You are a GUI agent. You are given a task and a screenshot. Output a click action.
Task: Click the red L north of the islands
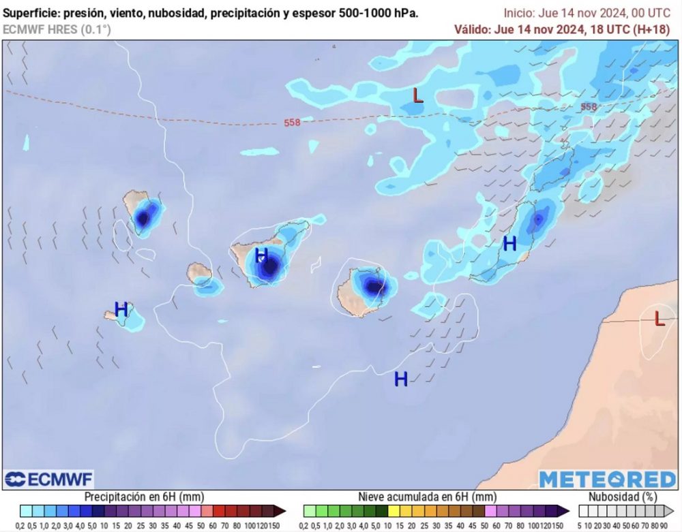[418, 95]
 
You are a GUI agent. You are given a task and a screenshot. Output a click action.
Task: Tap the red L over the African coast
[659, 318]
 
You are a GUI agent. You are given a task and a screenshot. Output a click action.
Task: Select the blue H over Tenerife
[261, 256]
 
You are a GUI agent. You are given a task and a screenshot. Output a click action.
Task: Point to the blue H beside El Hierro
[121, 309]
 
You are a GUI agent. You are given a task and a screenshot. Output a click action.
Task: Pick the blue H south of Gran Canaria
[401, 379]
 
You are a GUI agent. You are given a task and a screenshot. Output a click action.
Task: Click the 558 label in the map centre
[292, 123]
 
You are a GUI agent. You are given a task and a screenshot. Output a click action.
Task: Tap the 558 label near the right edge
[588, 107]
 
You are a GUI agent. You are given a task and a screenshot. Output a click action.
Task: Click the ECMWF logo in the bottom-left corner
[48, 479]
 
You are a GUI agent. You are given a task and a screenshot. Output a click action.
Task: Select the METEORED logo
[608, 480]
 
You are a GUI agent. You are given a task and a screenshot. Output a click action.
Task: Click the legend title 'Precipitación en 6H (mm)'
[144, 497]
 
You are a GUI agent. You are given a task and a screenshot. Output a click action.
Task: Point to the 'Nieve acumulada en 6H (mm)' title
[428, 497]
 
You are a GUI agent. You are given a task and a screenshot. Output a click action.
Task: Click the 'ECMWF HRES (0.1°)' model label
[57, 29]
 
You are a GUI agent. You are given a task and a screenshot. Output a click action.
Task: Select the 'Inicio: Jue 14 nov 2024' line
[587, 13]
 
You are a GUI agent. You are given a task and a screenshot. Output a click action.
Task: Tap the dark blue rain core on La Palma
[143, 219]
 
